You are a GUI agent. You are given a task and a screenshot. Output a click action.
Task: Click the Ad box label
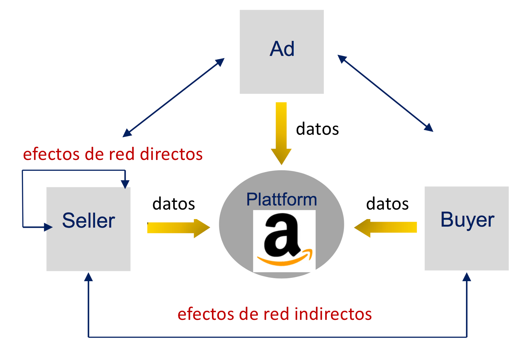click(x=282, y=49)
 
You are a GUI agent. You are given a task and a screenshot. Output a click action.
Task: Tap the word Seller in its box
click(x=88, y=221)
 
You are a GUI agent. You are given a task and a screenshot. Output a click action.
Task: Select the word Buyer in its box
click(x=467, y=220)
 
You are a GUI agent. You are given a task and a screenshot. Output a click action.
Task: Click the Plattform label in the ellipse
click(x=281, y=200)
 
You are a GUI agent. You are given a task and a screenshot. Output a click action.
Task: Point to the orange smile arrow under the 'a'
click(x=285, y=259)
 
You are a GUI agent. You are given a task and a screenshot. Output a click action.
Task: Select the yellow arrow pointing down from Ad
click(x=281, y=133)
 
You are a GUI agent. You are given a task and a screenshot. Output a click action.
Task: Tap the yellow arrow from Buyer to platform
click(x=386, y=227)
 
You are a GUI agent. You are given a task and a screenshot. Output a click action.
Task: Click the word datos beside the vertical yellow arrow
click(x=317, y=129)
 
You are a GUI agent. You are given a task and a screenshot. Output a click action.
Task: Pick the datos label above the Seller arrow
click(x=174, y=204)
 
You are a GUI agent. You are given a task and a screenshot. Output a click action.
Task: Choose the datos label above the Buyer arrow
click(x=387, y=204)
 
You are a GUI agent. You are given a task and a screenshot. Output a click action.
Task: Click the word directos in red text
click(x=171, y=154)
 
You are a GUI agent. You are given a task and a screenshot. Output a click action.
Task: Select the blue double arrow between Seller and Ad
click(x=174, y=97)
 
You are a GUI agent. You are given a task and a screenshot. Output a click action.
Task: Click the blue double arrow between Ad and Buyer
click(x=385, y=93)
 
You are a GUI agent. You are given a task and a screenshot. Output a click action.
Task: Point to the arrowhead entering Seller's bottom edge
click(x=88, y=277)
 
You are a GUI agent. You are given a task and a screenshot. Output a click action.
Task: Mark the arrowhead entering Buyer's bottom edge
click(x=467, y=277)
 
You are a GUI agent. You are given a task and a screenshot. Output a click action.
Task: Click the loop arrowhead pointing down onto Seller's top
click(x=125, y=184)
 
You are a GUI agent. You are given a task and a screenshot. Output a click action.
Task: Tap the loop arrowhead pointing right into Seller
click(x=48, y=227)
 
